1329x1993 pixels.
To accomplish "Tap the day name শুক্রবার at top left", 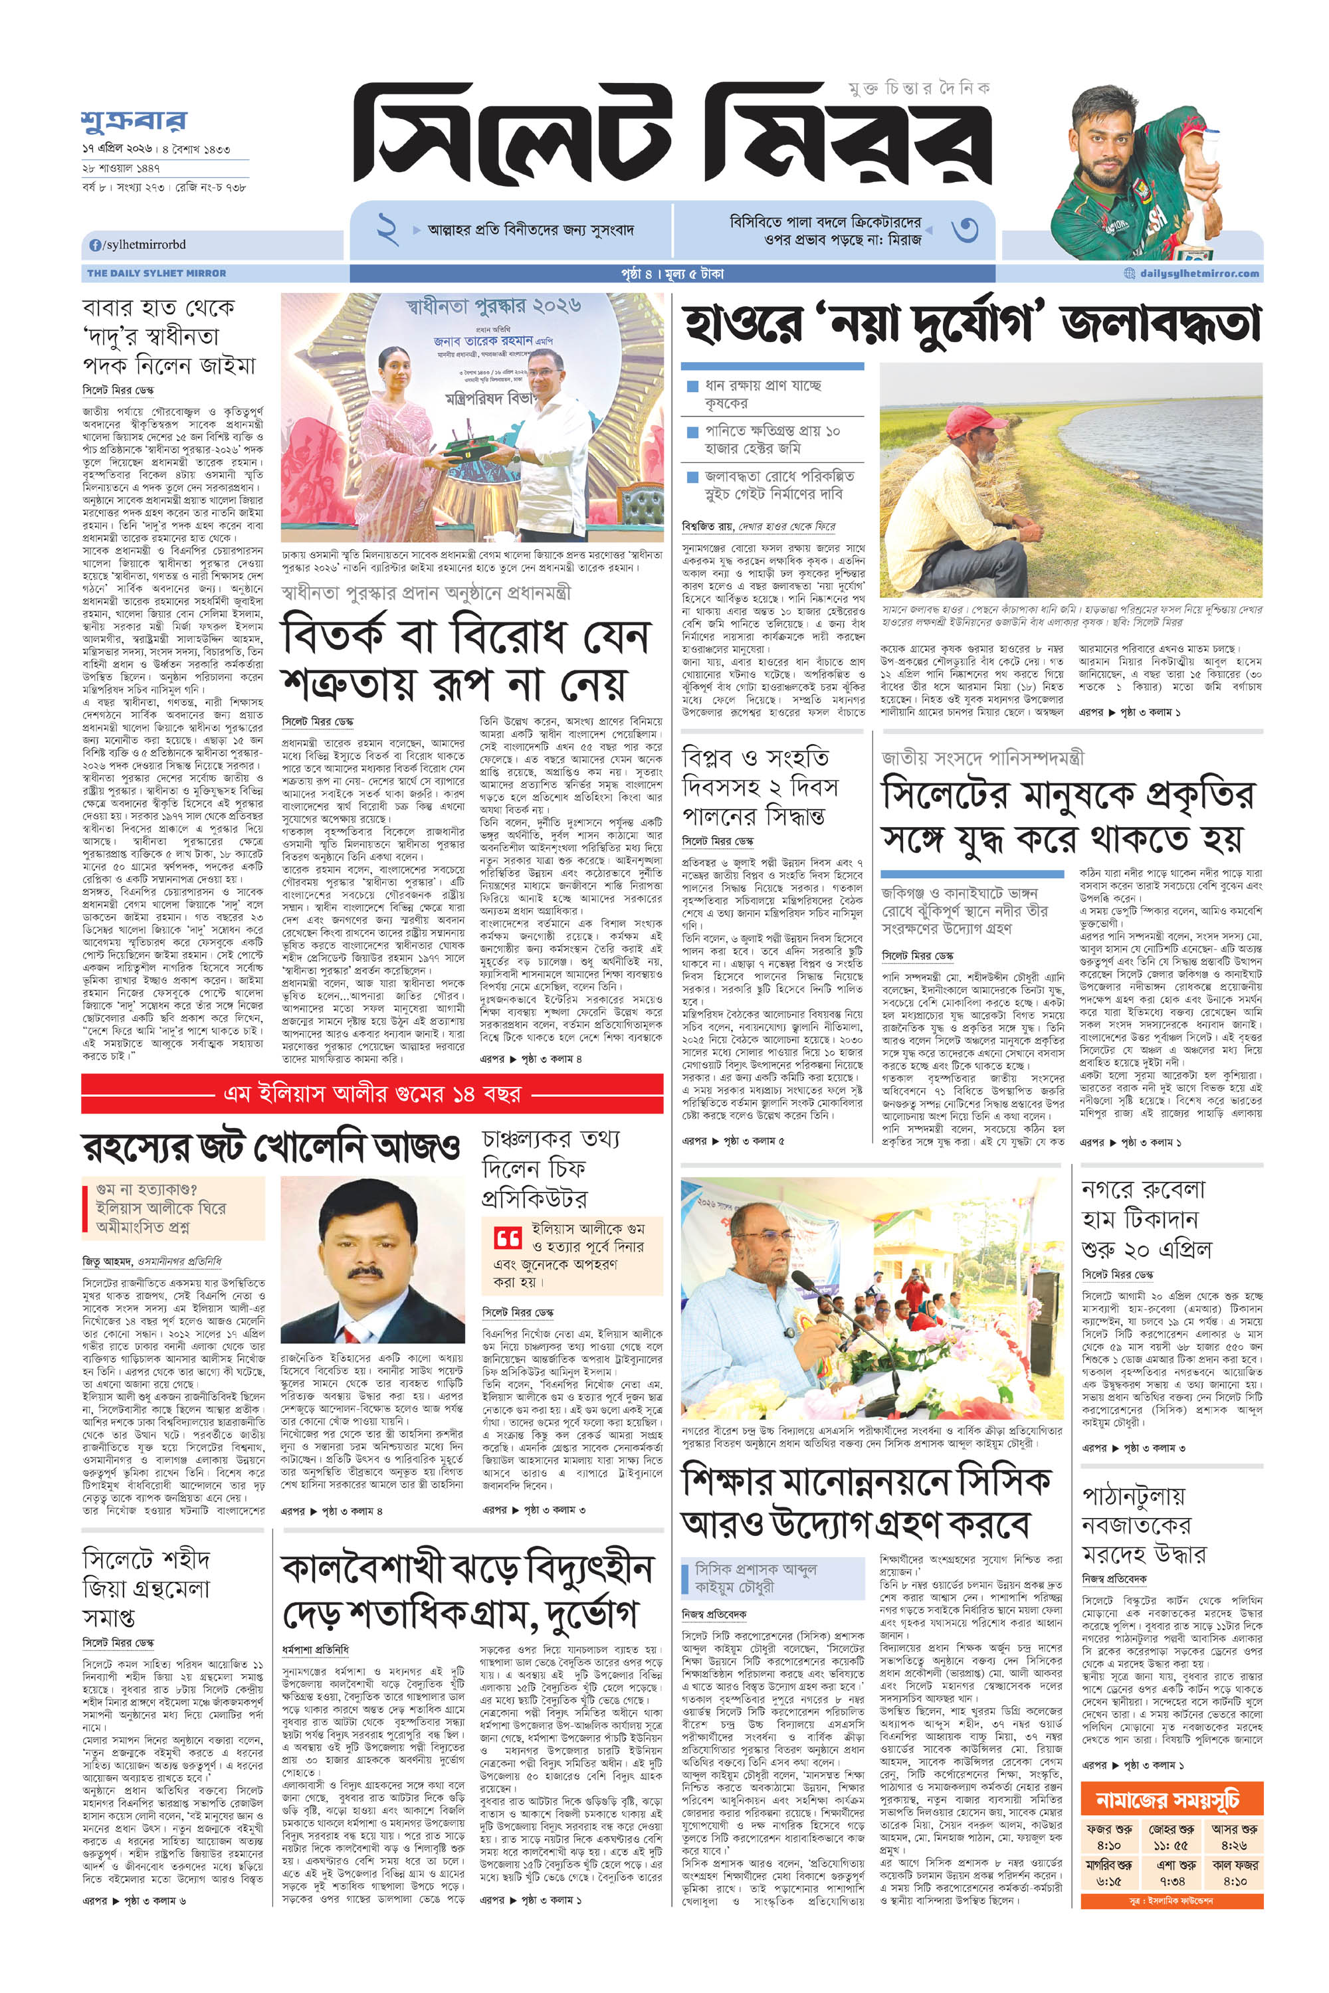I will pos(134,121).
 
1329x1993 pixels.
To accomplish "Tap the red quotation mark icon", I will pos(507,1238).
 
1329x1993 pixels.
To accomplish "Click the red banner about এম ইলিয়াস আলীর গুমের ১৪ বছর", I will pos(372,1093).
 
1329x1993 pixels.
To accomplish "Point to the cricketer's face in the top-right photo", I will pos(1114,136).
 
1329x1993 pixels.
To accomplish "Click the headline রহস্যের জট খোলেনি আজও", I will pos(271,1147).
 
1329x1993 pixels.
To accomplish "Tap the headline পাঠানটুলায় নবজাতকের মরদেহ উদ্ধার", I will pos(1144,1525).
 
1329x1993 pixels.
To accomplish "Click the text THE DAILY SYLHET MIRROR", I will pos(157,274).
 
